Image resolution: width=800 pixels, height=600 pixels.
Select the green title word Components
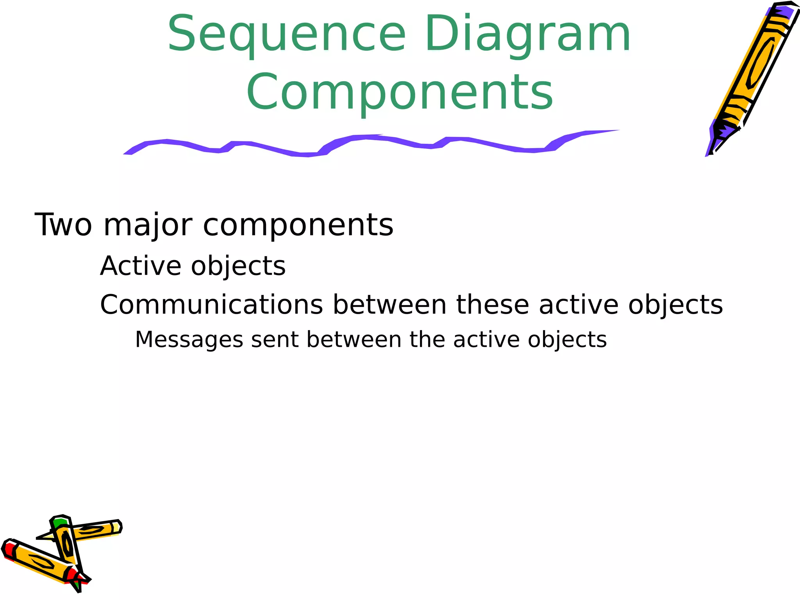400,93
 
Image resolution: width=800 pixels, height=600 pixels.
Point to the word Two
63,225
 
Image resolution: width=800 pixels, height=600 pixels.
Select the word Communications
211,305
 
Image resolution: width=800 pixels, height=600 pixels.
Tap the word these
493,305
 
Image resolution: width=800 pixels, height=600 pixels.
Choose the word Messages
189,340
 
